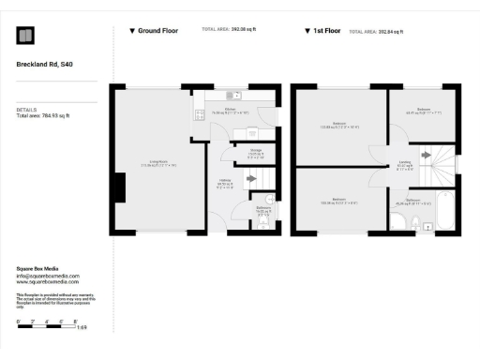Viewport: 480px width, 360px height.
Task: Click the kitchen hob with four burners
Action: pos(199,115)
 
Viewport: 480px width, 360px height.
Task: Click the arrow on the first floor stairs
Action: pos(426,155)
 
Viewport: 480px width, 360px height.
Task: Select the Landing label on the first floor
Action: pos(405,164)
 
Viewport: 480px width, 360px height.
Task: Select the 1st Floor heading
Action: pos(324,31)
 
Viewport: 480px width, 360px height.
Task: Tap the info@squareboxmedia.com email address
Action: pos(48,277)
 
